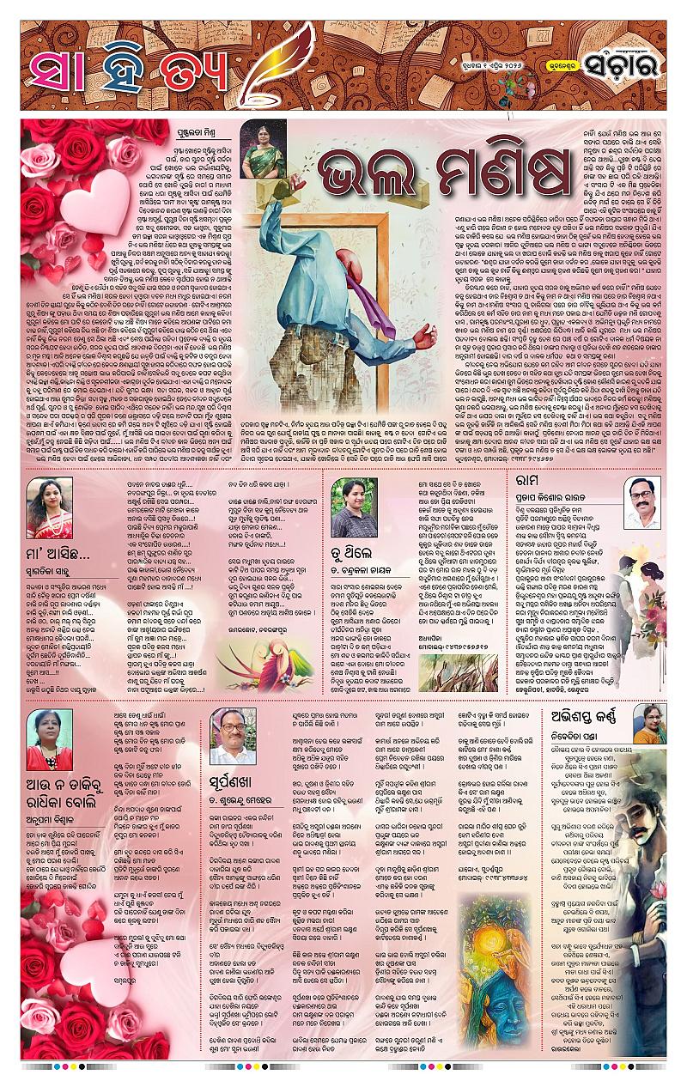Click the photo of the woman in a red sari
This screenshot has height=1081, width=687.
tap(49, 507)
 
